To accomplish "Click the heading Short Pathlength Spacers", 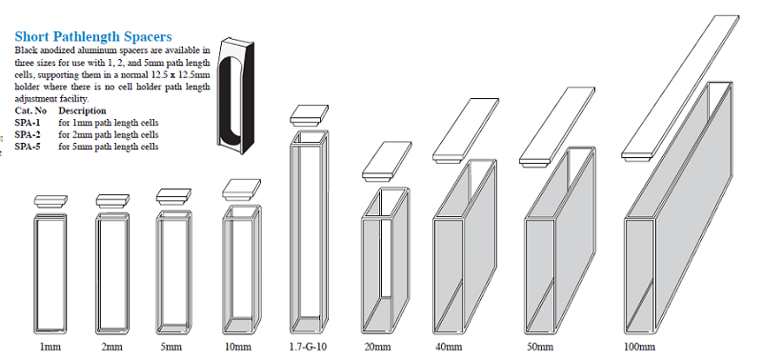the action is [93, 36].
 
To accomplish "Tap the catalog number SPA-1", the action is [28, 123].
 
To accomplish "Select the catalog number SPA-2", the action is [28, 134].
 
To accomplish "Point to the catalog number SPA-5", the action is [28, 147].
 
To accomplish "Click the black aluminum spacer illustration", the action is [235, 96].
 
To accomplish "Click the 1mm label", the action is [50, 347].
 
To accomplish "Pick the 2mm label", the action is [111, 347].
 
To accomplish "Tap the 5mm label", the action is [171, 347].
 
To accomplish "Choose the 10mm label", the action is [237, 347].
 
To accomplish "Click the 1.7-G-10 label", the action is [305, 347].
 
